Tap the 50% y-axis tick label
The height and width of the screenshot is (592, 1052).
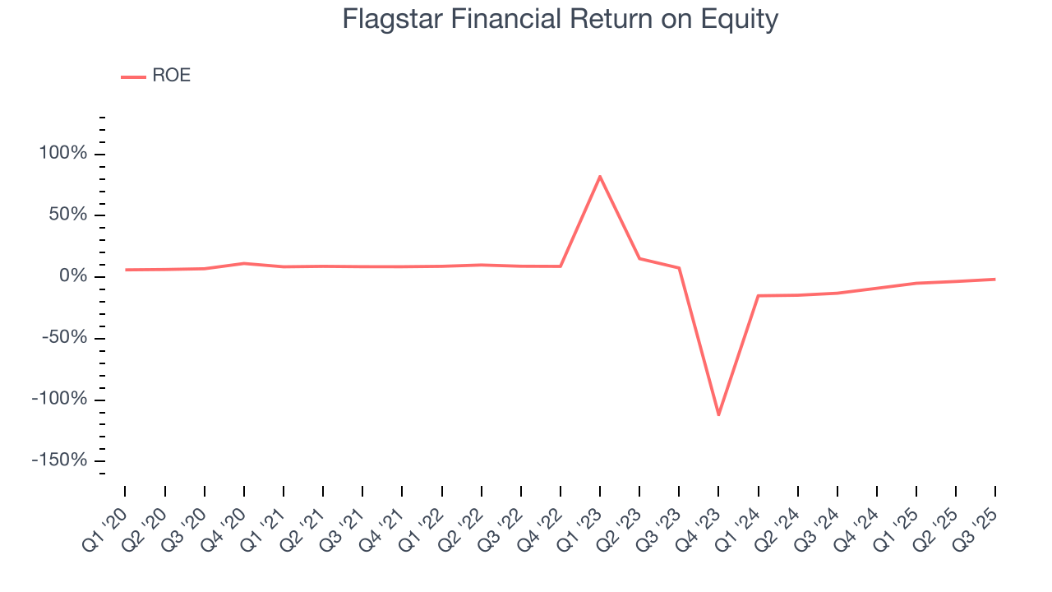pyautogui.click(x=67, y=215)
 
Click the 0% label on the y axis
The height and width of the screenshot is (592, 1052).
pyautogui.click(x=72, y=276)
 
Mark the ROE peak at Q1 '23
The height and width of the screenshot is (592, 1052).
pyautogui.click(x=600, y=176)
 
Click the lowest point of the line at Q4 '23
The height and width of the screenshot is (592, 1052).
pyautogui.click(x=718, y=414)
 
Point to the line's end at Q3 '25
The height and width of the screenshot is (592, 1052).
pyautogui.click(x=995, y=280)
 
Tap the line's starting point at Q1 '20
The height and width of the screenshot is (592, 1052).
pyautogui.click(x=126, y=270)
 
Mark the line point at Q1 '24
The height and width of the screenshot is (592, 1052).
pyautogui.click(x=758, y=295)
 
